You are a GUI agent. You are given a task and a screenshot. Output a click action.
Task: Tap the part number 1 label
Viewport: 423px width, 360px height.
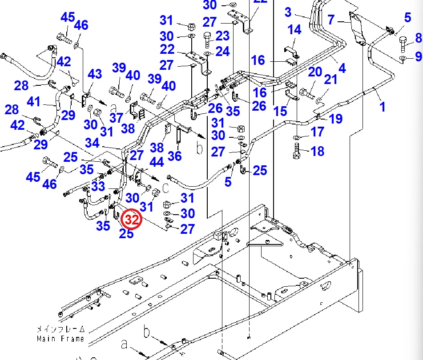point(383,107)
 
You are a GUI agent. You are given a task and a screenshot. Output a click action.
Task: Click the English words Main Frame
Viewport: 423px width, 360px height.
point(60,339)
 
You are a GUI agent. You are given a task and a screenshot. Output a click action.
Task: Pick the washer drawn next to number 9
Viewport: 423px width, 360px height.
point(403,59)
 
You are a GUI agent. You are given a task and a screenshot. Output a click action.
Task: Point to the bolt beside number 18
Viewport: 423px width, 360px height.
point(297,151)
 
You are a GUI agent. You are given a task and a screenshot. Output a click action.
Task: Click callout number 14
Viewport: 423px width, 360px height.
point(294,30)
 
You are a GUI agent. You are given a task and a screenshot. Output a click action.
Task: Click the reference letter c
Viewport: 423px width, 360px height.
point(165,188)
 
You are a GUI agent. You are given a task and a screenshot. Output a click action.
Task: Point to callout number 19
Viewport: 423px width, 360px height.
point(336,118)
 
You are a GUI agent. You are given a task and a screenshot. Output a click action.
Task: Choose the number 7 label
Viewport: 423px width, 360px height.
point(331,20)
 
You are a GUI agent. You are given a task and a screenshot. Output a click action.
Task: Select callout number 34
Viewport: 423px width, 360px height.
point(93,143)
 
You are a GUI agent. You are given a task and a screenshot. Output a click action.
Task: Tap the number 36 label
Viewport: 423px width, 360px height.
point(175,156)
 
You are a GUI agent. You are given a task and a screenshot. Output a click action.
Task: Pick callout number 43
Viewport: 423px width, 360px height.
point(95,75)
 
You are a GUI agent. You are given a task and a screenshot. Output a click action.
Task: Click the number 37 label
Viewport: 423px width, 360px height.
point(116,118)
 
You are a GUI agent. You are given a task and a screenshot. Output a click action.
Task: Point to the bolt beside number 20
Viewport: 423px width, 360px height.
point(305,93)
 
